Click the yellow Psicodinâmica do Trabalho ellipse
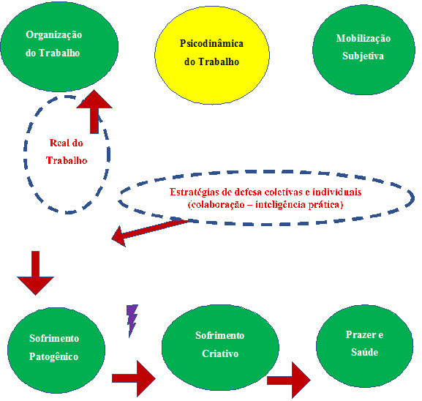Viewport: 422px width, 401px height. (x=212, y=55)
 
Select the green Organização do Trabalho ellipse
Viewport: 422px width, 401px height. (x=59, y=46)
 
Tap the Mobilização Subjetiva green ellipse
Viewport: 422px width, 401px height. (x=363, y=50)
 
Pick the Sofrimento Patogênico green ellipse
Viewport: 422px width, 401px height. (x=56, y=351)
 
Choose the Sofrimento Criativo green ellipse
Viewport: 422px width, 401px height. (x=220, y=348)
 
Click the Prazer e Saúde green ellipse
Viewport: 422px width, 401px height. (x=365, y=346)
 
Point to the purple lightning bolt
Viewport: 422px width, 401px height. (x=132, y=321)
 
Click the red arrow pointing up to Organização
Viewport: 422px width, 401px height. (x=94, y=111)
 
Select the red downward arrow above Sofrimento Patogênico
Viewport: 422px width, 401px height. (x=36, y=273)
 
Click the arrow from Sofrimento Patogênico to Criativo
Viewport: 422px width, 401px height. (x=134, y=378)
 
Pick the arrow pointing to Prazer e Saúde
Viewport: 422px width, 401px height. (x=289, y=380)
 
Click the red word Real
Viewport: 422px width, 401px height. (x=59, y=143)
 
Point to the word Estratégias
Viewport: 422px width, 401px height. (x=195, y=192)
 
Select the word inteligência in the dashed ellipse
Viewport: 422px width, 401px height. (x=280, y=205)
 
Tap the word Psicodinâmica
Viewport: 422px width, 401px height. (x=211, y=43)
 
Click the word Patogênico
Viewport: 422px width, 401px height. (x=53, y=356)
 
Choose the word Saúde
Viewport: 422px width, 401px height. (x=365, y=352)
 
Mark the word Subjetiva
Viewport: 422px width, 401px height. (x=363, y=56)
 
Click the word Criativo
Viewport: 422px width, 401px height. (x=220, y=353)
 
